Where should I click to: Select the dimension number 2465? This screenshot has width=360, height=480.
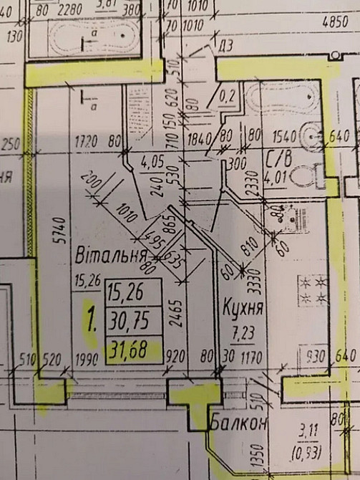[177, 311]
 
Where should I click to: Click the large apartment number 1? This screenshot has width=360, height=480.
[90, 321]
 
